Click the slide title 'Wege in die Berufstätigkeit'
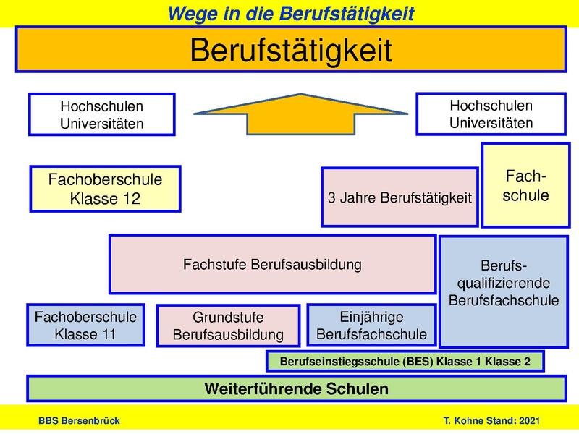click(x=292, y=12)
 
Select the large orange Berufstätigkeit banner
click(x=290, y=51)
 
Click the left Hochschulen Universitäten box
click(x=101, y=114)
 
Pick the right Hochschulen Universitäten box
click(x=491, y=114)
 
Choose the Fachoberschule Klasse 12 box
click(x=105, y=189)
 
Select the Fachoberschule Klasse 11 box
click(x=85, y=325)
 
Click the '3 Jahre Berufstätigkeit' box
click(x=400, y=197)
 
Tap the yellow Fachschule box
click(x=526, y=186)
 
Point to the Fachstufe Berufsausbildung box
click(x=272, y=264)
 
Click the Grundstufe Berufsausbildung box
click(x=227, y=326)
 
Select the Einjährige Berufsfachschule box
click(x=371, y=325)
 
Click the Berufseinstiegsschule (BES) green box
click(x=405, y=360)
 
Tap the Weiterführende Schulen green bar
click(x=296, y=388)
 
